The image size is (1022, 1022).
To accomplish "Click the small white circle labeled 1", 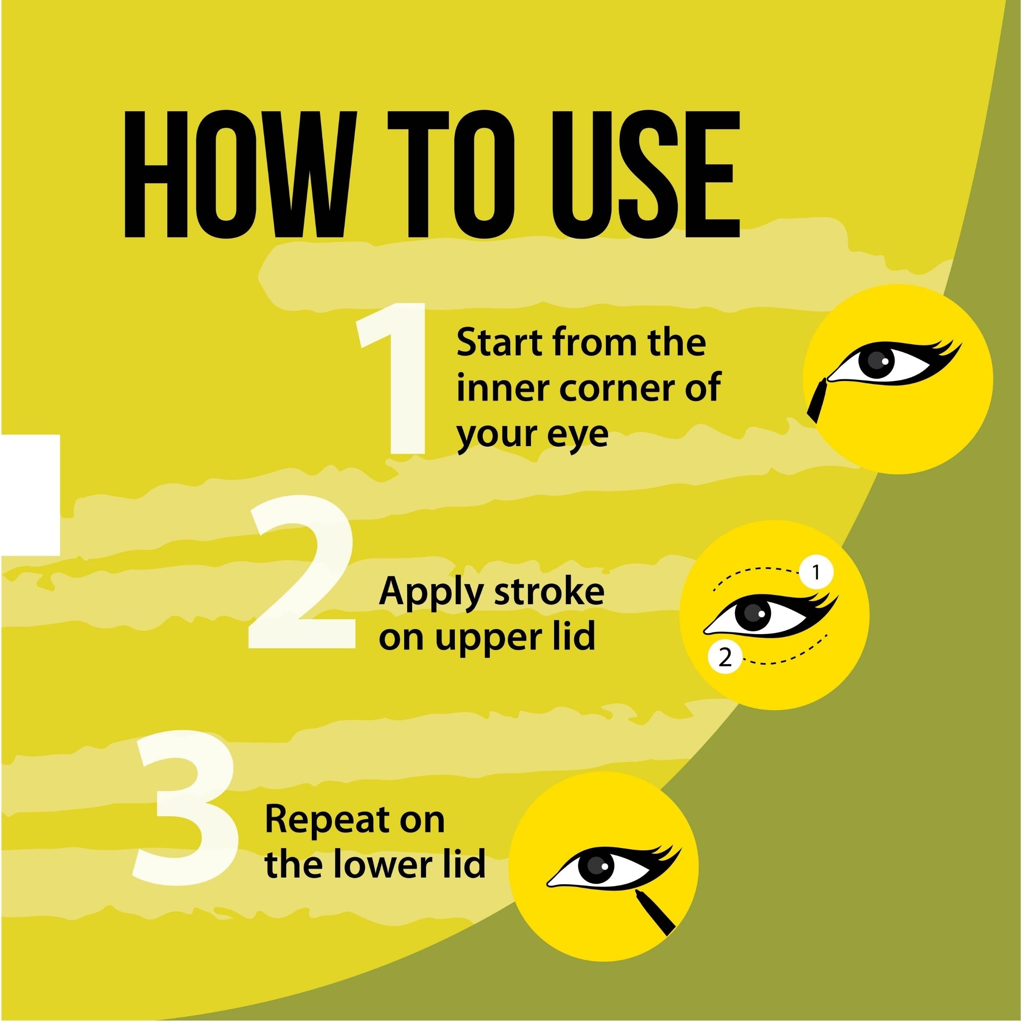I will pos(816,572).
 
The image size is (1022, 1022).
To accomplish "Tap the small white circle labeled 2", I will pos(725,658).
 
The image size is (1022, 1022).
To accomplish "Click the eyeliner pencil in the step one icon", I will pos(818,400).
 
